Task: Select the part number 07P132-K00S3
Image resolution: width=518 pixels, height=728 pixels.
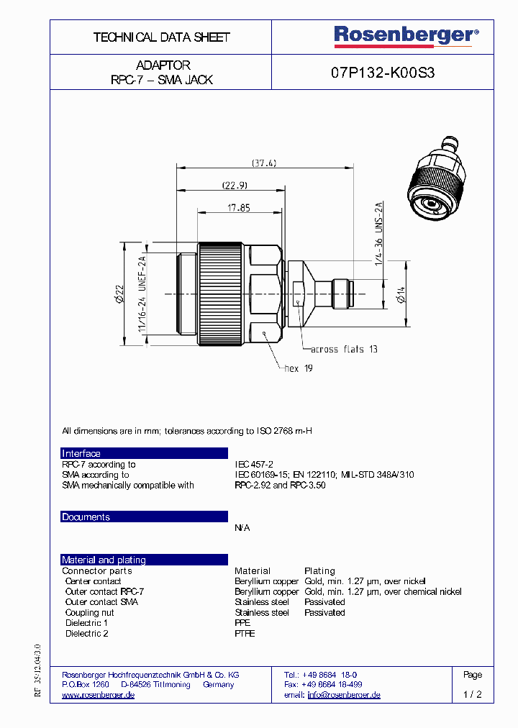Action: point(383,73)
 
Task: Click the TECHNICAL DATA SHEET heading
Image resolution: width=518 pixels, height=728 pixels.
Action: point(161,37)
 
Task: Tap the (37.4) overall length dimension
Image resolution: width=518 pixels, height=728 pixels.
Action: point(264,163)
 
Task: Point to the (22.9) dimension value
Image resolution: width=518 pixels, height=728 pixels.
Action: point(234,185)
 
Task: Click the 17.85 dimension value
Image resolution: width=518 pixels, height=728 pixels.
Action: point(240,208)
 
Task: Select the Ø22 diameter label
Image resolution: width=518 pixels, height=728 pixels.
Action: point(120,294)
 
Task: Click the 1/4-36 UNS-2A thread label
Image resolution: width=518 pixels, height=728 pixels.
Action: point(378,234)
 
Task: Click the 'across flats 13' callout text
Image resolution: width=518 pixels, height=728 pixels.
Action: point(344,349)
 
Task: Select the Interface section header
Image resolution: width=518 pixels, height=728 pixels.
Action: point(81,453)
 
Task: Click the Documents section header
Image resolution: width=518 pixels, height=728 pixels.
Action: point(86,517)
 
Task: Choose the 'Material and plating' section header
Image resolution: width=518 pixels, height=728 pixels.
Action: point(104,560)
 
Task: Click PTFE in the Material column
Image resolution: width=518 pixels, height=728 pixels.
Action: point(245,634)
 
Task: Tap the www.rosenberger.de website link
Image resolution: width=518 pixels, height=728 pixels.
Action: point(99,695)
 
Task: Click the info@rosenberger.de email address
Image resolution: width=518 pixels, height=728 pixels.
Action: point(344,695)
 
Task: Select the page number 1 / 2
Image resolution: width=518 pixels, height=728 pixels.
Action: point(473,695)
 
